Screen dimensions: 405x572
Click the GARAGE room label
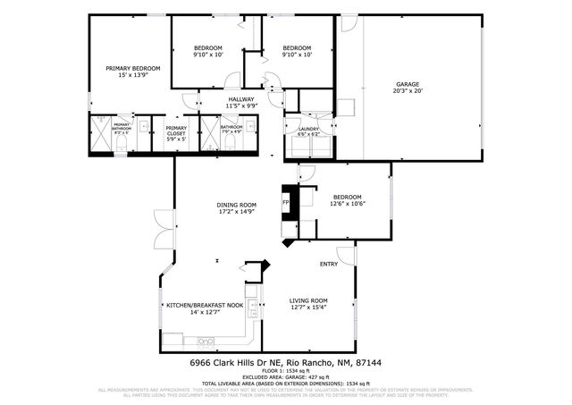click(x=408, y=84)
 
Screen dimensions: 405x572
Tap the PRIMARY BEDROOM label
click(x=133, y=69)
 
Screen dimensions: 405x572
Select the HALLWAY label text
click(x=241, y=99)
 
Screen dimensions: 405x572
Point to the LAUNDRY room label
click(x=309, y=129)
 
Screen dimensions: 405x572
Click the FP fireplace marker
click(x=286, y=203)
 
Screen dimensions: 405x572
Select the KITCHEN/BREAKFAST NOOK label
click(x=205, y=305)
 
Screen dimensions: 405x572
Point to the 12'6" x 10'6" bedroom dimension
click(x=348, y=204)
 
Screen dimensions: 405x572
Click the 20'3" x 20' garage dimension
click(x=408, y=91)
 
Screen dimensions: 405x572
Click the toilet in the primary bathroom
click(x=120, y=143)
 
